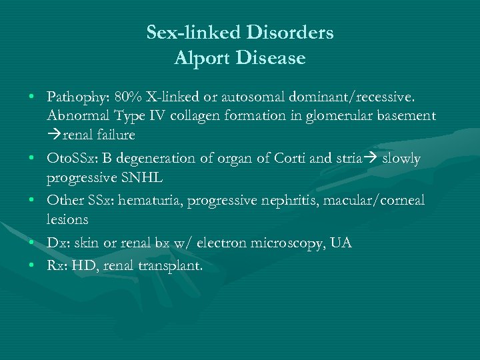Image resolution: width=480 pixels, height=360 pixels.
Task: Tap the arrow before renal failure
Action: tap(54, 135)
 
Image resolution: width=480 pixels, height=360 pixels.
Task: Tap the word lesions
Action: tap(67, 219)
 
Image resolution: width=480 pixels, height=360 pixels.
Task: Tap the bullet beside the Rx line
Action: tap(32, 265)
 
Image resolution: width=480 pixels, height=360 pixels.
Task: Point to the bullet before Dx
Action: tap(32, 243)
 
